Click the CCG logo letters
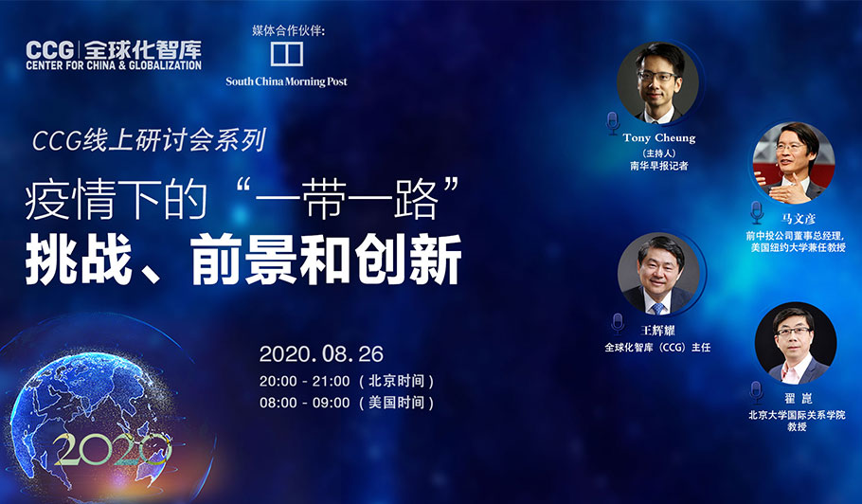coord(49,50)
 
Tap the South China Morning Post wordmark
coord(286,81)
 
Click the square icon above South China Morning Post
coord(287,54)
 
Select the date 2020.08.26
coord(321,354)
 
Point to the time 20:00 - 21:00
coord(305,381)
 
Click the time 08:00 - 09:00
coord(305,403)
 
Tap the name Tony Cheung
coord(659,138)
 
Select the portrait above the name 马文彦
coord(794,163)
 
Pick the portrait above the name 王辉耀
coord(658,274)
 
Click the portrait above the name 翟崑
coord(796,343)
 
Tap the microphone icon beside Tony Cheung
coord(613,124)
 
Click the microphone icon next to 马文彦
coord(757,213)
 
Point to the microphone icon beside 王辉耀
coord(618,324)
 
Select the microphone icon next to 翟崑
coord(757,392)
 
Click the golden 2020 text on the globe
coord(112,448)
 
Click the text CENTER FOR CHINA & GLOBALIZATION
coord(114,64)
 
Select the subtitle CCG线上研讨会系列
coord(149,139)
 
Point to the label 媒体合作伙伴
coord(288,30)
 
